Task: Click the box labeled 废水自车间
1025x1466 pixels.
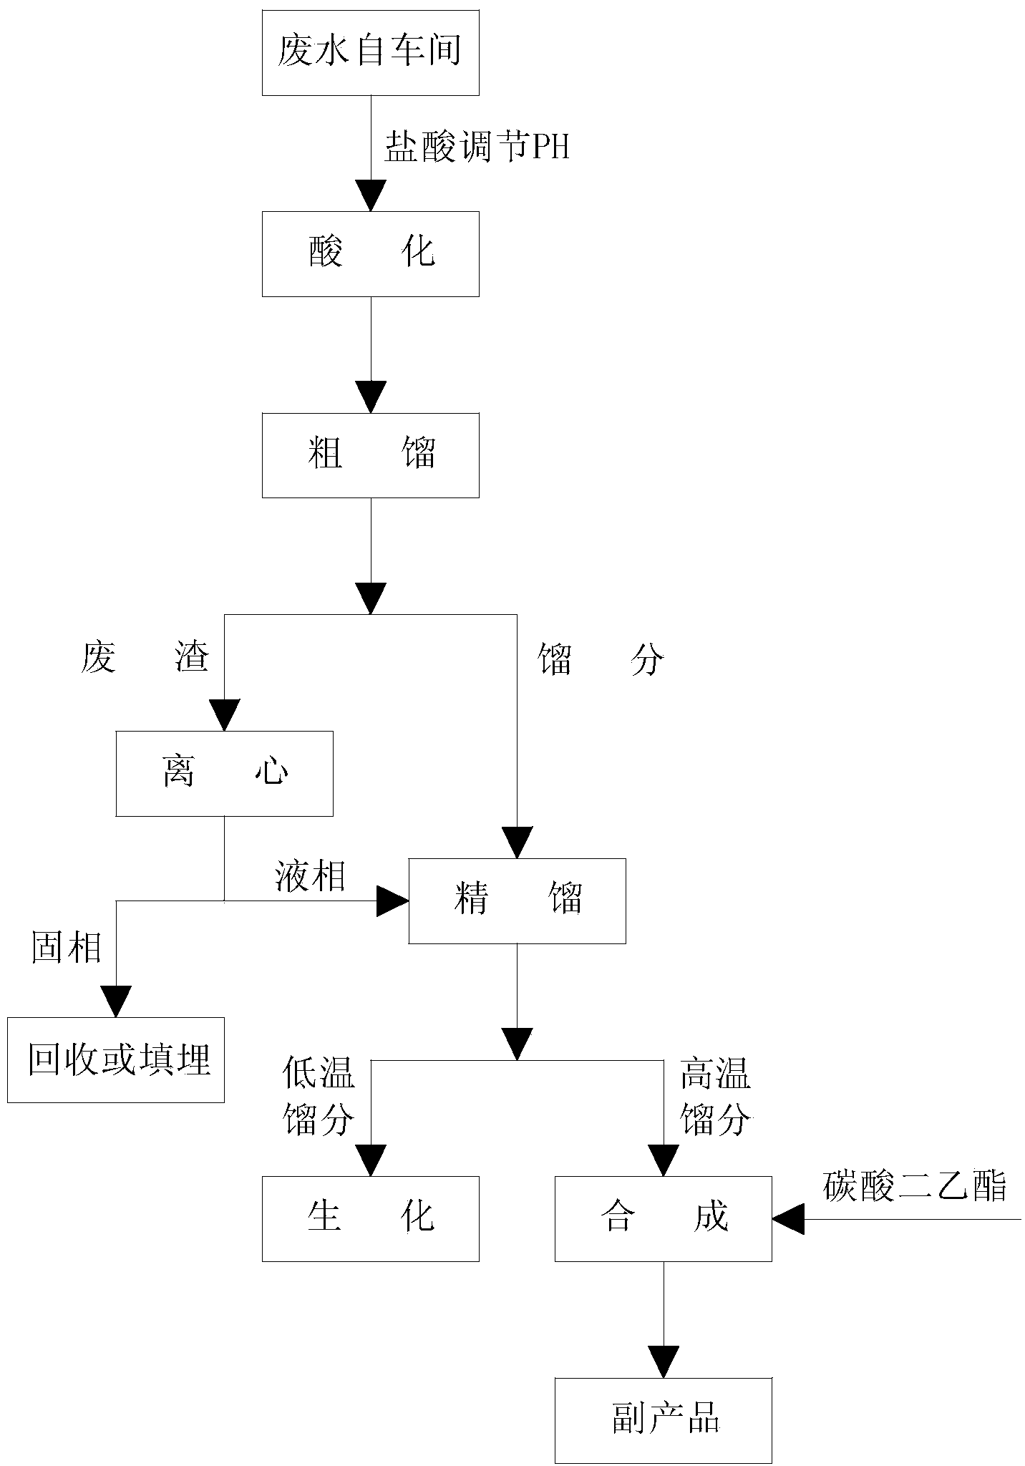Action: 370,52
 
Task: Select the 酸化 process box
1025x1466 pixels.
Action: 370,253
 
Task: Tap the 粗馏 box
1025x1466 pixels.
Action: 370,455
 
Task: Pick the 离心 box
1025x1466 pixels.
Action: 224,773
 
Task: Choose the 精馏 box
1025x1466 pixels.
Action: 517,901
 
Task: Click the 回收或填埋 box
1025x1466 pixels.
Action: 115,1059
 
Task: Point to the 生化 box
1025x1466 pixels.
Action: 370,1218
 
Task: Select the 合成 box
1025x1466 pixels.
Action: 663,1218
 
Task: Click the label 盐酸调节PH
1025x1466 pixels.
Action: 477,148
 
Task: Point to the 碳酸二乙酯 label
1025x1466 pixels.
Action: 914,1185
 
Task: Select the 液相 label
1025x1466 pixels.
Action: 311,876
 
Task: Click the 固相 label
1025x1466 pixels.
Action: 67,948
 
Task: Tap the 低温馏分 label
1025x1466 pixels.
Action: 319,1096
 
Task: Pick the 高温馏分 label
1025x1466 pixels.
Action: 715,1096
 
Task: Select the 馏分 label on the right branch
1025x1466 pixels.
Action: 601,659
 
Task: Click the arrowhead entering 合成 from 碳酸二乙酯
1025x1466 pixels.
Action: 787,1218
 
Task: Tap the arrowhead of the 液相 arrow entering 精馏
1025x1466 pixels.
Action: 392,901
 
